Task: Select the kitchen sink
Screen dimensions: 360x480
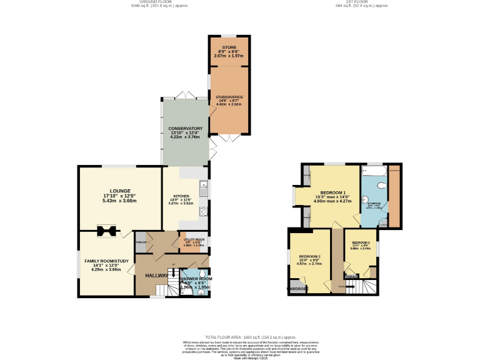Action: click(x=203, y=186)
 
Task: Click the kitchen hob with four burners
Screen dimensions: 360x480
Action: click(x=203, y=212)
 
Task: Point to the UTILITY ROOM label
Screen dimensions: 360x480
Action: click(x=194, y=239)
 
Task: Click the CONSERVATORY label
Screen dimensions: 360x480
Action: click(x=185, y=128)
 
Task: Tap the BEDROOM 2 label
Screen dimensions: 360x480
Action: click(x=309, y=257)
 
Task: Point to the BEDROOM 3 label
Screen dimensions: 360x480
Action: click(x=361, y=242)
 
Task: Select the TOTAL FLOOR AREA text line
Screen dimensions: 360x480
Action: click(x=240, y=337)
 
